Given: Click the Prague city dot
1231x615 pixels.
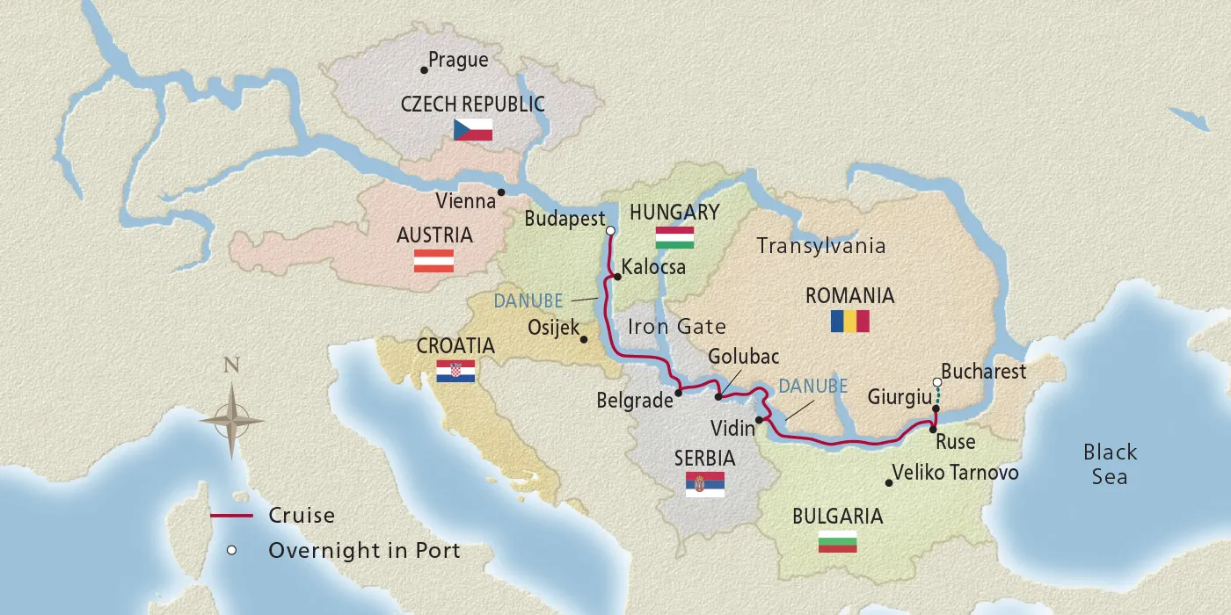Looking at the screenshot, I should coord(424,69).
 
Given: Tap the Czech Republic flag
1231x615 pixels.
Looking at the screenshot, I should coord(472,130).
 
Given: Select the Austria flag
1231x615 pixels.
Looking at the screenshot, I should coord(433,261).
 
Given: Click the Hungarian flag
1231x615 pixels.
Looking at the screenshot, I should coord(674,237).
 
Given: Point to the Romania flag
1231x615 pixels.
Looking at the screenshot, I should coord(849,321).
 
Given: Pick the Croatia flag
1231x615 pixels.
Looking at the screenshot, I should coord(455,372).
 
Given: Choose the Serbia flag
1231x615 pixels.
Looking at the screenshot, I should coord(705,483).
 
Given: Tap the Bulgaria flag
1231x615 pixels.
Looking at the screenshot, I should coord(837,541).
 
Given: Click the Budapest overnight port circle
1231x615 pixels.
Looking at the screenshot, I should coord(610,231).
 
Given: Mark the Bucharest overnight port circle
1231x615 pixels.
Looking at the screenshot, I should coord(937,382).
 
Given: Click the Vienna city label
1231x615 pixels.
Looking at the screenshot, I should coord(466,201).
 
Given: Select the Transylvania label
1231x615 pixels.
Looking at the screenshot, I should coord(821,246).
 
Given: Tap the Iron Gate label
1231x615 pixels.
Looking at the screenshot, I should coord(677,327).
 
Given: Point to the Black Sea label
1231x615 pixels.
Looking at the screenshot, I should coord(1110,464).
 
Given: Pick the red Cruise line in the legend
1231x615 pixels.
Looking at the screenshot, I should coord(231,516).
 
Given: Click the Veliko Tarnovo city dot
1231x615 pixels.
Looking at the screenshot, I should coord(888,482).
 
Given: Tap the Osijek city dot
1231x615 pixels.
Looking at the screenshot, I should coord(585,338).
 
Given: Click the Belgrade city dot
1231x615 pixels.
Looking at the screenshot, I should coord(679,393).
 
